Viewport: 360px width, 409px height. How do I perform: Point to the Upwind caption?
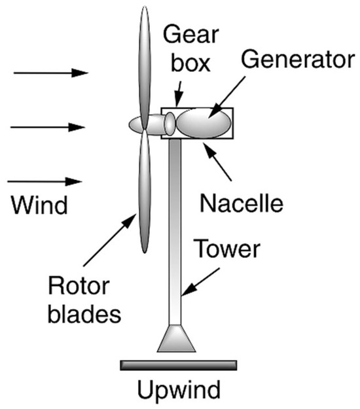pyautogui.click(x=179, y=391)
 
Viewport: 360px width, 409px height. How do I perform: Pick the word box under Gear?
pyautogui.click(x=184, y=63)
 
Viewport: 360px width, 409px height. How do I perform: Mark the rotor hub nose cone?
pyautogui.click(x=135, y=123)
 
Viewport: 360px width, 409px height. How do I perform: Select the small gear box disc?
pyautogui.click(x=169, y=124)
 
